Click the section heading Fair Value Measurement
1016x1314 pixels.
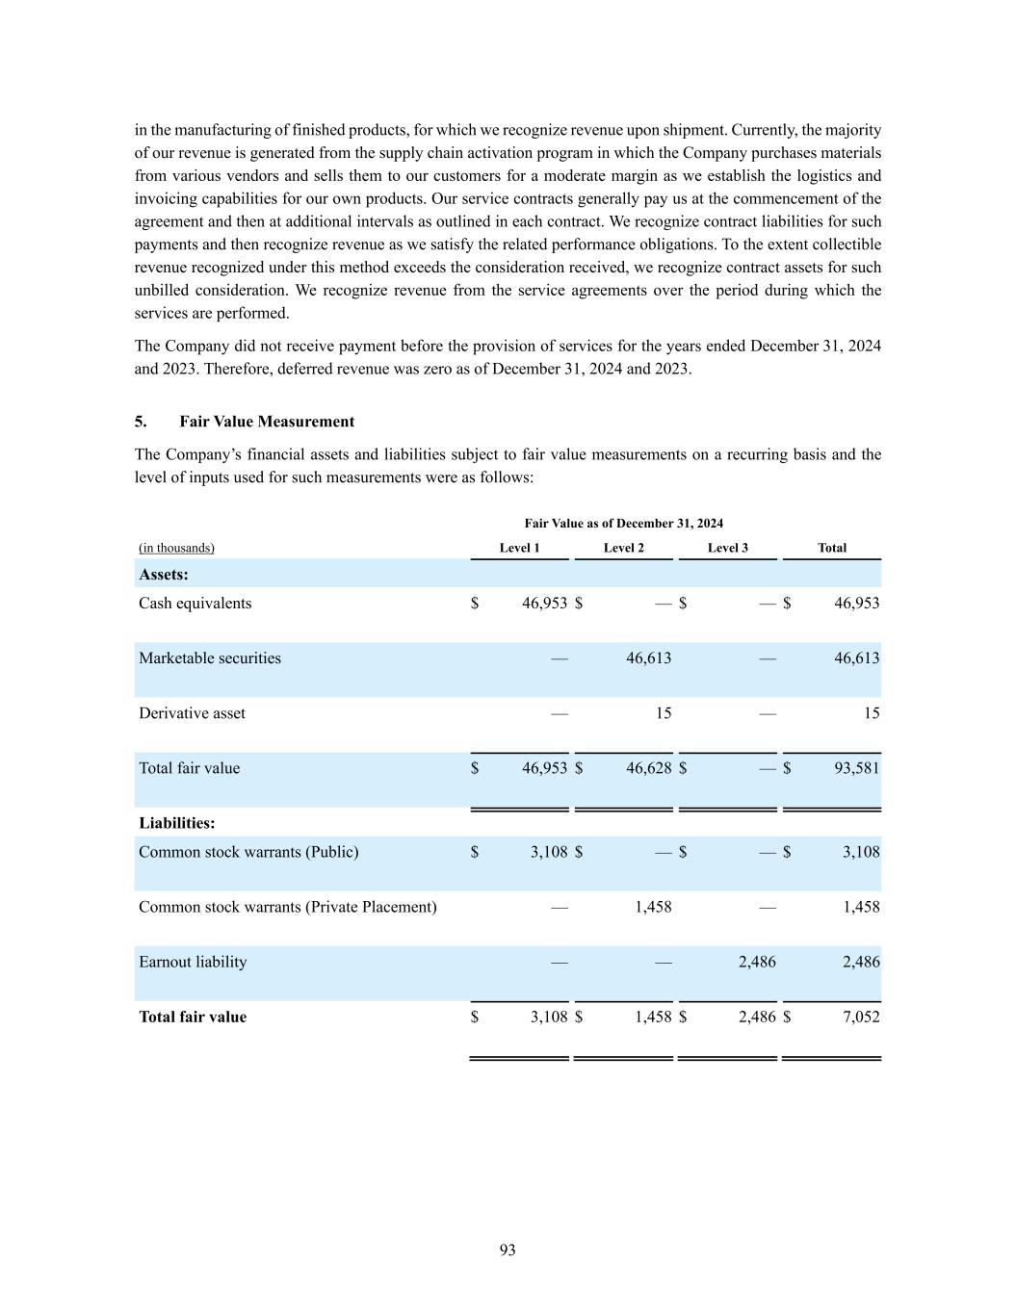click(267, 422)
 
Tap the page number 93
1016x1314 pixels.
click(508, 1250)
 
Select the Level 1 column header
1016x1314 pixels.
click(519, 548)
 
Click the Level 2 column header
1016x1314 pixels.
click(623, 548)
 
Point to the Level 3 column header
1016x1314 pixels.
click(727, 548)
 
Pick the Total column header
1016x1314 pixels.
click(831, 548)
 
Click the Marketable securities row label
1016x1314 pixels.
click(210, 658)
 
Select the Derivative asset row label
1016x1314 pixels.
click(192, 713)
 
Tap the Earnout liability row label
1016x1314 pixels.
click(193, 962)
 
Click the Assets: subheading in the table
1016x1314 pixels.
click(164, 575)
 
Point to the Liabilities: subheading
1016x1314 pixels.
click(177, 823)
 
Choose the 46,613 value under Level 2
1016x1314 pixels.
click(648, 658)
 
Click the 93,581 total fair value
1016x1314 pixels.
click(856, 768)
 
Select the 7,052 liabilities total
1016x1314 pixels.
click(861, 1017)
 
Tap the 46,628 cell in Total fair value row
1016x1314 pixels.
click(648, 768)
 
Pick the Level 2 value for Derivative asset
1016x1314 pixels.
click(664, 713)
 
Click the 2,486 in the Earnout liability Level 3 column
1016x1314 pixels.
click(757, 962)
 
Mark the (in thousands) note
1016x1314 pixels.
click(176, 548)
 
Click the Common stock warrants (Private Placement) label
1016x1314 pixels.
click(287, 907)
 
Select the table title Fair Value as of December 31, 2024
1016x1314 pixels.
click(623, 524)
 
